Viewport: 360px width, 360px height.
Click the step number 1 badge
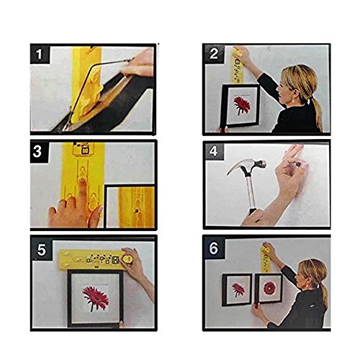click(40, 54)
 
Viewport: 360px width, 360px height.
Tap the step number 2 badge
click(214, 54)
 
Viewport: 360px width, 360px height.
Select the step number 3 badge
click(40, 152)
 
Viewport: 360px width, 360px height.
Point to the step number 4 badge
click(214, 151)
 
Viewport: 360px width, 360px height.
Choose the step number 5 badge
click(42, 250)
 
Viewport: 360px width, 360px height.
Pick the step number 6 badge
click(214, 248)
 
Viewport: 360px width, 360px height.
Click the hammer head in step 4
click(247, 166)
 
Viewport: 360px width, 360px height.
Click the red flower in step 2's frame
click(242, 105)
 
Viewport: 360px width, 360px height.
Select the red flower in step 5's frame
click(95, 297)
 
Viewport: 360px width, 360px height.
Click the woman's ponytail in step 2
click(316, 113)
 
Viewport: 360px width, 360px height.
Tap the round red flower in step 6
click(270, 288)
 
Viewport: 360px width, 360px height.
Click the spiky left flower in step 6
click(238, 290)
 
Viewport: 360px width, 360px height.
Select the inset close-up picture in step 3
click(130, 207)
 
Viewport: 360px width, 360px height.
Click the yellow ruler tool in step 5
click(96, 259)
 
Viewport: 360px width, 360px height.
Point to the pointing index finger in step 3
click(82, 192)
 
